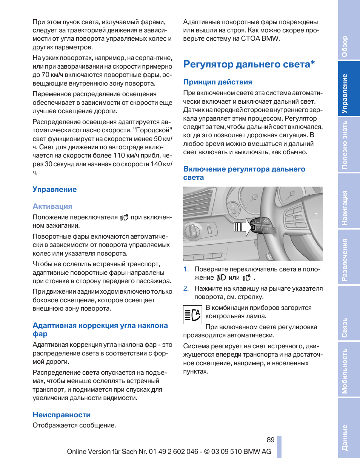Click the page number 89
pyautogui.click(x=270, y=440)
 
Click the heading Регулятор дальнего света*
pyautogui.click(x=249, y=64)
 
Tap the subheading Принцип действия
pyautogui.click(x=218, y=82)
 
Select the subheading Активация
pyautogui.click(x=52, y=206)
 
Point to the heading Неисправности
pyautogui.click(x=62, y=415)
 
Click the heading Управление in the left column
pyautogui.click(x=54, y=189)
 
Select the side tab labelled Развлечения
pyautogui.click(x=344, y=260)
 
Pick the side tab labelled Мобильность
pyautogui.click(x=344, y=371)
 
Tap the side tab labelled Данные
pyautogui.click(x=344, y=437)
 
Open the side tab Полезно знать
pyautogui.click(x=344, y=145)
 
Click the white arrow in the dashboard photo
pyautogui.click(x=244, y=227)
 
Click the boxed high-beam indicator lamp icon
pyautogui.click(x=192, y=315)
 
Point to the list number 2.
pyautogui.click(x=186, y=288)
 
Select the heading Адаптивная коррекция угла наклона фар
pyautogui.click(x=100, y=329)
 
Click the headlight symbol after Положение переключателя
pyautogui.click(x=125, y=217)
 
